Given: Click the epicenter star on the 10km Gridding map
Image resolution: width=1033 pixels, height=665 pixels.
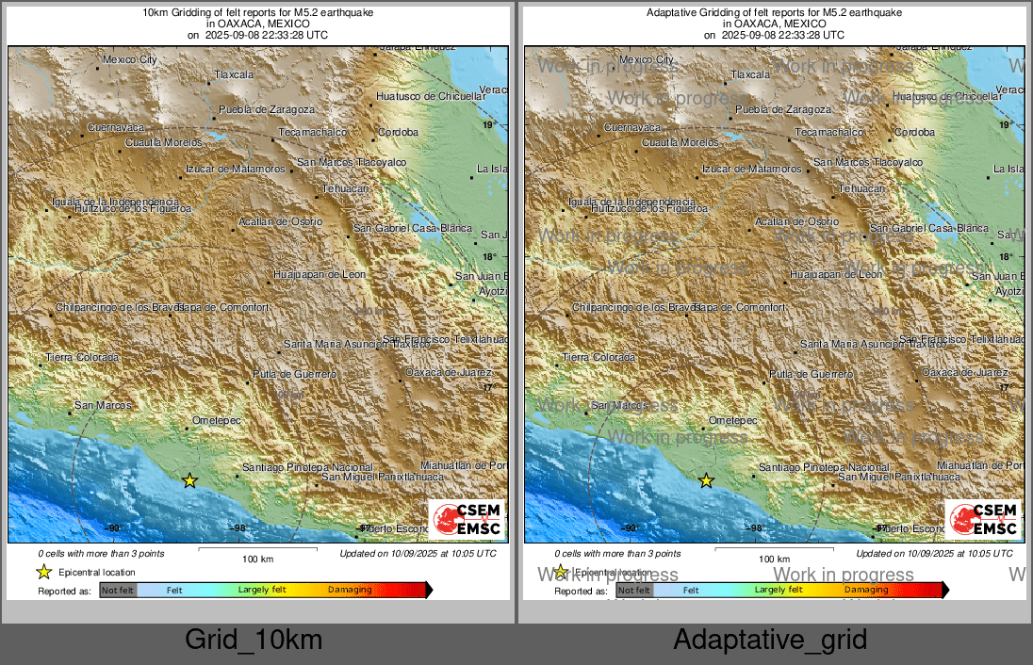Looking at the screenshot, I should tap(189, 480).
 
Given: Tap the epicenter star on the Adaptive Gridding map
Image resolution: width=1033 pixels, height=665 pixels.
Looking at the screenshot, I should tap(706, 480).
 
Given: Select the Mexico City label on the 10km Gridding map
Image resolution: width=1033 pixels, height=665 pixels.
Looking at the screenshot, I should tap(129, 59).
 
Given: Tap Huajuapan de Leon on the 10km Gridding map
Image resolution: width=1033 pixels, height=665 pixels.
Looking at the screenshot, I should tap(319, 274).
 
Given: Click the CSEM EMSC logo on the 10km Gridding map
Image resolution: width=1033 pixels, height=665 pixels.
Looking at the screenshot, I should tap(467, 519).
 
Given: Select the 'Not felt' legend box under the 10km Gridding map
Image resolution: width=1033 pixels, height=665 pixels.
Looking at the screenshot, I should tap(118, 591).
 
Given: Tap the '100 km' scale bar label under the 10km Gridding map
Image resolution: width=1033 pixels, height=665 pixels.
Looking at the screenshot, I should tap(258, 560).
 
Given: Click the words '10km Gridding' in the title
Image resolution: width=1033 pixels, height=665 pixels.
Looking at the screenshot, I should tap(176, 12).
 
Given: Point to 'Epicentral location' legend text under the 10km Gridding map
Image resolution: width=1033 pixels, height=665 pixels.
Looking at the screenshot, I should tap(97, 572).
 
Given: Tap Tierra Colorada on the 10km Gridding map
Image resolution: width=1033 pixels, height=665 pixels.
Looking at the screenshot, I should tap(83, 357).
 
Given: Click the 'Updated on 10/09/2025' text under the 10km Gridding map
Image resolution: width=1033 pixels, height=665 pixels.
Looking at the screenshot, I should tap(418, 554).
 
